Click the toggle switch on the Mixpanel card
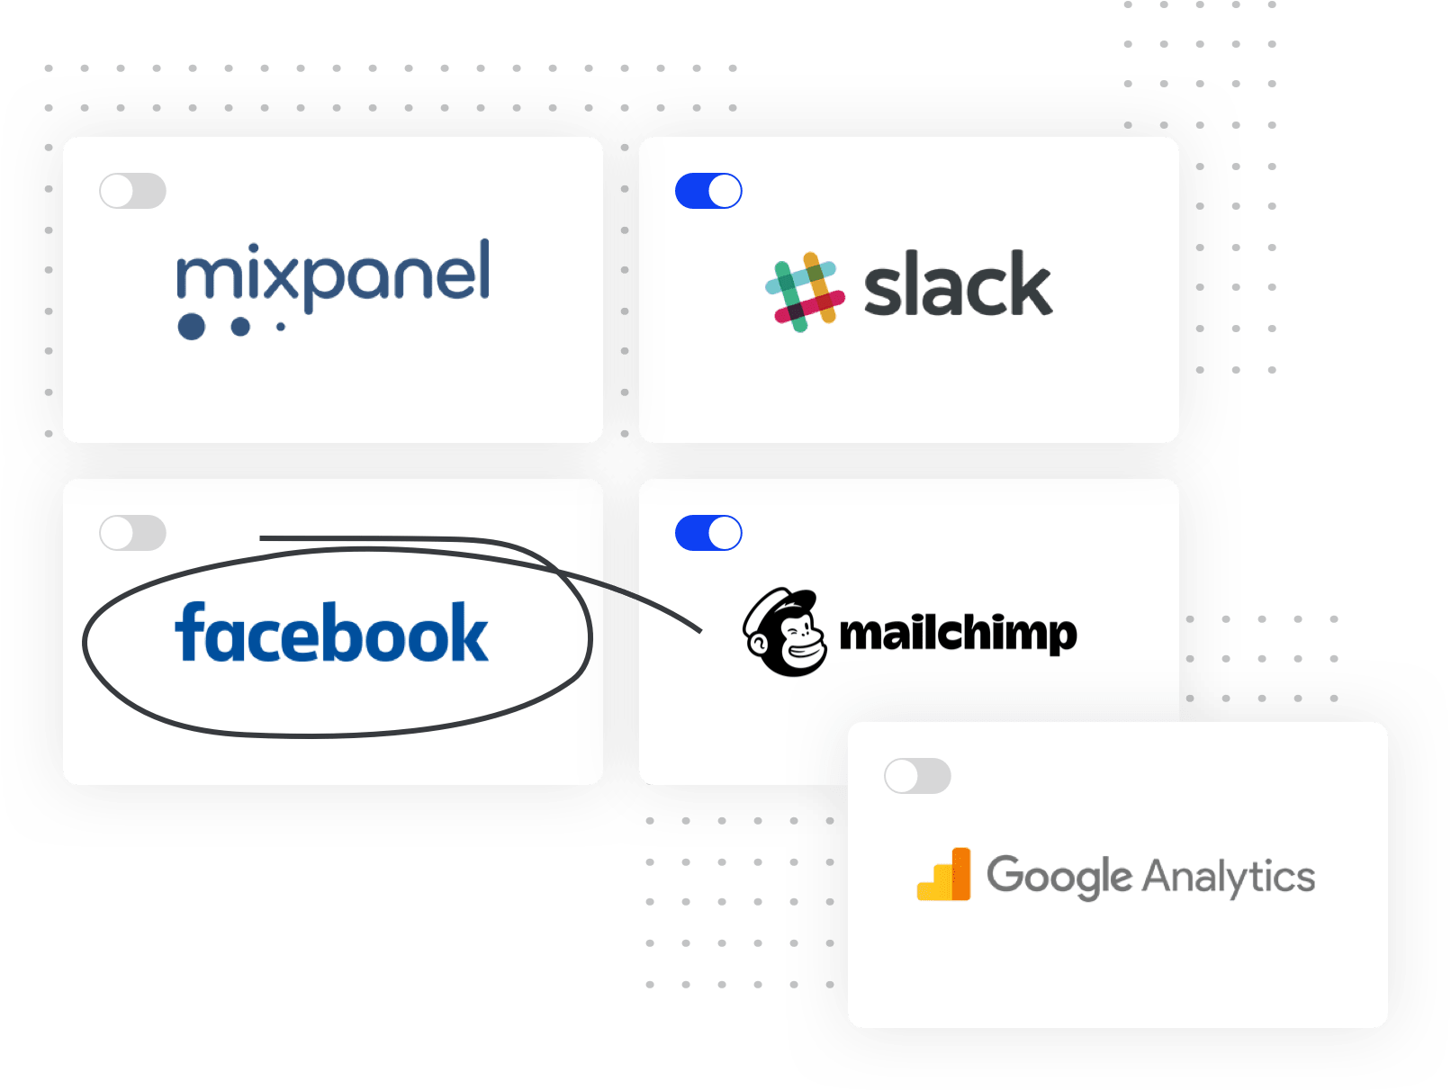pyautogui.click(x=132, y=191)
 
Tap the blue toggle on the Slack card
pyautogui.click(x=708, y=191)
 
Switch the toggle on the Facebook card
pyautogui.click(x=132, y=533)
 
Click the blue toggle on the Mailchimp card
pyautogui.click(x=708, y=533)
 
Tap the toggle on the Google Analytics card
pyautogui.click(x=917, y=776)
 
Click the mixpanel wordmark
pyautogui.click(x=333, y=275)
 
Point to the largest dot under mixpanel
pyautogui.click(x=191, y=326)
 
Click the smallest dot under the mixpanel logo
pyautogui.click(x=281, y=327)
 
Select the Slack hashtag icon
pyautogui.click(x=805, y=292)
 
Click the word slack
pyautogui.click(x=957, y=286)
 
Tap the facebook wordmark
pyautogui.click(x=331, y=634)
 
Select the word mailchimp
pyautogui.click(x=957, y=634)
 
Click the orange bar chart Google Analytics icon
pyautogui.click(x=944, y=875)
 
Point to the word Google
pyautogui.click(x=1059, y=876)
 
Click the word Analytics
pyautogui.click(x=1229, y=877)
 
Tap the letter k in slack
pyautogui.click(x=1028, y=285)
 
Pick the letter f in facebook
pyautogui.click(x=190, y=632)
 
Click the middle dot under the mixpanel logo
pyautogui.click(x=240, y=326)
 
